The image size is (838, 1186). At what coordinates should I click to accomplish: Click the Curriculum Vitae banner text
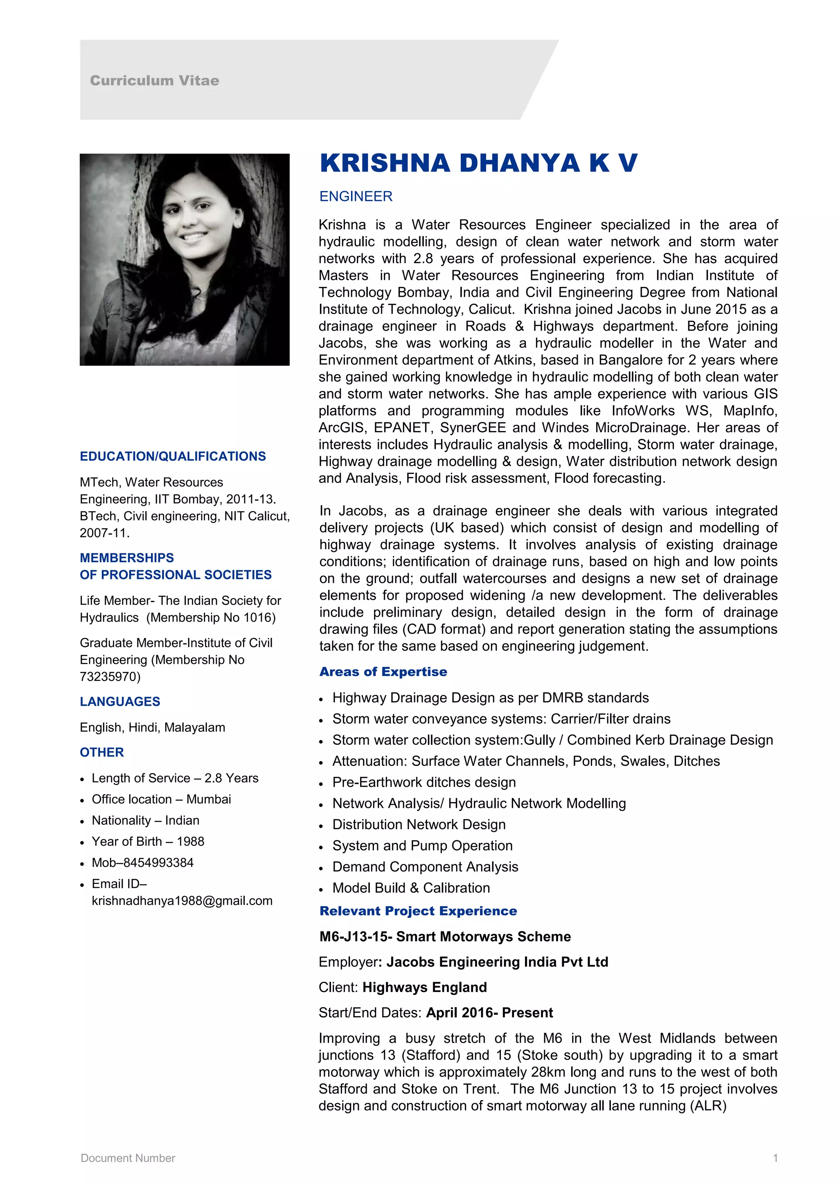click(x=154, y=81)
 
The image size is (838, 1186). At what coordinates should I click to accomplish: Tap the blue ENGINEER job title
click(x=356, y=196)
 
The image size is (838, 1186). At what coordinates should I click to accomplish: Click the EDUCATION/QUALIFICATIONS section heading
click(x=172, y=456)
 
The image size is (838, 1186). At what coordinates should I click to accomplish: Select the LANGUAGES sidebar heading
click(x=120, y=701)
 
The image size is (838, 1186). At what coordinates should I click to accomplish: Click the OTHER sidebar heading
click(x=102, y=752)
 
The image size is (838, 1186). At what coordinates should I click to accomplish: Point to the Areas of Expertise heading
click(x=383, y=672)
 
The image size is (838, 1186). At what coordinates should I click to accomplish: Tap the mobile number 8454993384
click(x=158, y=863)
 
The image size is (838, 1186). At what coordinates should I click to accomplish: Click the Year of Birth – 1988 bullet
click(x=148, y=841)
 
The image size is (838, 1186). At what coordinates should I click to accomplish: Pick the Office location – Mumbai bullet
click(x=161, y=799)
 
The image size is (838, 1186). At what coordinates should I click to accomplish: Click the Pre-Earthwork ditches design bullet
click(x=424, y=782)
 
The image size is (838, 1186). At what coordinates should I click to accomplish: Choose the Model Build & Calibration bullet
click(x=411, y=888)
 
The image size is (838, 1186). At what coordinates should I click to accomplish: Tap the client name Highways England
click(x=424, y=987)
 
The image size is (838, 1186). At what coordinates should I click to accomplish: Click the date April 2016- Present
click(x=489, y=1012)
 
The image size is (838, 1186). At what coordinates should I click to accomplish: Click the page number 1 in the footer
click(x=775, y=1158)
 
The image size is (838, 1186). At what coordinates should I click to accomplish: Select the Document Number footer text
click(x=128, y=1158)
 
